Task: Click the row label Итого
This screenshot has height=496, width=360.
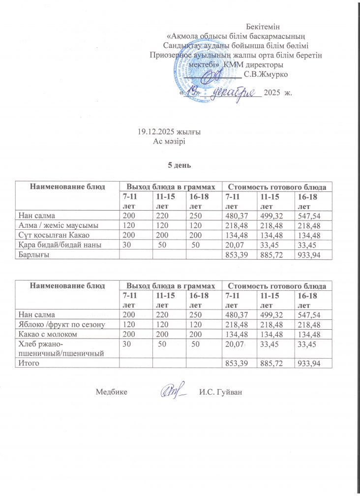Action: click(x=29, y=363)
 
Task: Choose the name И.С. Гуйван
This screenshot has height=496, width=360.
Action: click(x=221, y=392)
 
